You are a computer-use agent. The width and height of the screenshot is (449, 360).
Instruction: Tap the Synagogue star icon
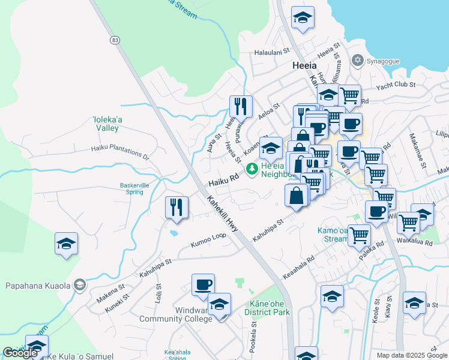pos(358,59)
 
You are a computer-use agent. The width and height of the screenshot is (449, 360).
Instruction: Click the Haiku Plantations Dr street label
pos(119,152)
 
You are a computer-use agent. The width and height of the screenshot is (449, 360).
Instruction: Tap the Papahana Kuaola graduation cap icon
pos(79,285)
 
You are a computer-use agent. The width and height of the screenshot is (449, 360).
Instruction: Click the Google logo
pos(20,353)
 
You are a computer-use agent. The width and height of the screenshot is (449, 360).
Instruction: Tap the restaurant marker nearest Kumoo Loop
pos(176,208)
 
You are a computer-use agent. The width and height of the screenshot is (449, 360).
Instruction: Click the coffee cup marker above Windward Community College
pos(203,284)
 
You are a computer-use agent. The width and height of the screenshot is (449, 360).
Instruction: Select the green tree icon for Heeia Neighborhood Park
pos(253,167)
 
